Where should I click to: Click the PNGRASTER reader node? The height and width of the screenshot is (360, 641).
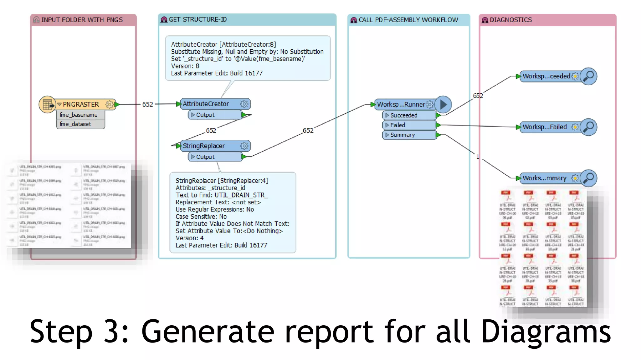[81, 104]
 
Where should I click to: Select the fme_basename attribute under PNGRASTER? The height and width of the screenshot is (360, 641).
[79, 115]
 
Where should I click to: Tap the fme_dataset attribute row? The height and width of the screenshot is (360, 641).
[76, 124]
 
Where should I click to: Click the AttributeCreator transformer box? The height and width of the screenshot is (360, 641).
[206, 104]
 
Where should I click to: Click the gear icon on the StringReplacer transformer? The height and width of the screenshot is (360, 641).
[244, 146]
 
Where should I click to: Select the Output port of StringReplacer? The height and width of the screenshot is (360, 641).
[205, 157]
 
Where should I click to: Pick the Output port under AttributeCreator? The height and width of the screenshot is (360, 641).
[205, 115]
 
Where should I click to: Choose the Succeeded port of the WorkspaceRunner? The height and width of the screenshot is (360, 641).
[404, 115]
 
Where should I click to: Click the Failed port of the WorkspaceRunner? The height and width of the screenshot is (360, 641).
[398, 125]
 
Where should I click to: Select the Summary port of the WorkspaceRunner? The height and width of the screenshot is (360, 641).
[403, 135]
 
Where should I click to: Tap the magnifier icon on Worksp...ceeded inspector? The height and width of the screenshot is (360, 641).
[589, 76]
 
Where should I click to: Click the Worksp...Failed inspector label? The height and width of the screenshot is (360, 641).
[545, 127]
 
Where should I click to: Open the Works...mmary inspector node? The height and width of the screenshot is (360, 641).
[545, 178]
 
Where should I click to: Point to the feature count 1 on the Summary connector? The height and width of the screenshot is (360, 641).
[478, 157]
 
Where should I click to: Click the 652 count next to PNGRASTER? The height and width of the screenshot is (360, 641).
[148, 104]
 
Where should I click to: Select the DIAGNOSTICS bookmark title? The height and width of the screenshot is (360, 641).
[510, 20]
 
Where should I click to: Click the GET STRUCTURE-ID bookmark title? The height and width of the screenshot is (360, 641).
[197, 19]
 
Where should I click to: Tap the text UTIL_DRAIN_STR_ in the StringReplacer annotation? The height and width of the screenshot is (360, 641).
[241, 195]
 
